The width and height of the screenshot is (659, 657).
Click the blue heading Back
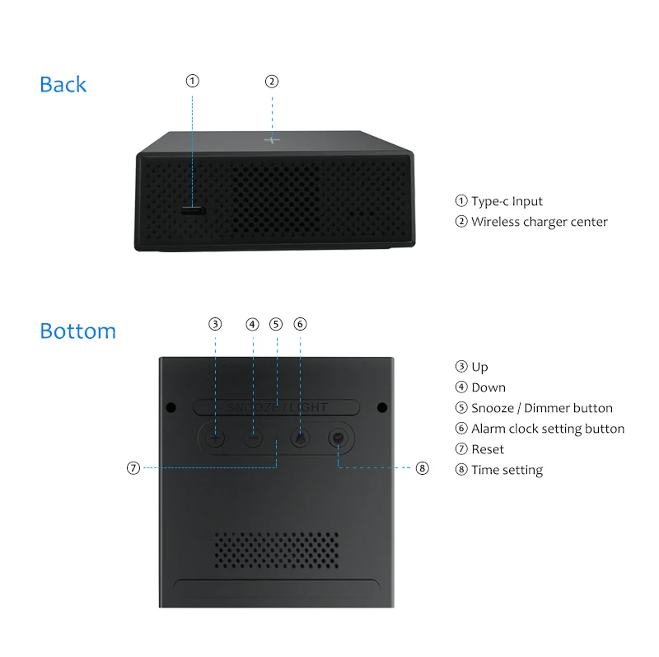(63, 84)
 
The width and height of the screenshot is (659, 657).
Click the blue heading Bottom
(77, 331)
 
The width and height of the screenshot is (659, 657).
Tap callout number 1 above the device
(192, 81)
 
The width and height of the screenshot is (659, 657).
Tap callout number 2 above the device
(272, 81)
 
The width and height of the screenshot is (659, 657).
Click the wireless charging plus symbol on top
(272, 139)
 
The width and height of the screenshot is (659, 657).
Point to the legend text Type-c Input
(506, 201)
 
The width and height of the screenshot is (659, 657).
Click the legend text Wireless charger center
(539, 222)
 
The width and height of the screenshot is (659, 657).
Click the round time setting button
(337, 439)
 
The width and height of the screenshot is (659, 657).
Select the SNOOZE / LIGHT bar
(277, 406)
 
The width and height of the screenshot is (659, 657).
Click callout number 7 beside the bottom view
(133, 468)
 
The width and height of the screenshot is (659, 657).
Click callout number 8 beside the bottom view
(422, 468)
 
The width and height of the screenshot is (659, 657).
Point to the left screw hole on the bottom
(171, 407)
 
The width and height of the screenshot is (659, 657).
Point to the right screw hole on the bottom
(382, 407)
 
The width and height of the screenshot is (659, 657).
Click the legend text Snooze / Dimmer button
(541, 408)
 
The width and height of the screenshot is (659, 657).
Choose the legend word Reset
(487, 449)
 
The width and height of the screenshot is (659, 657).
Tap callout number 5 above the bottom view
(276, 324)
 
